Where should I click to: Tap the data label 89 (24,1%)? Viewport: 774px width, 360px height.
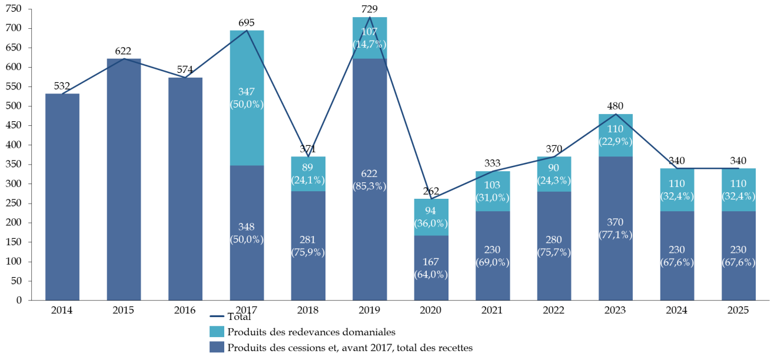[x=308, y=174]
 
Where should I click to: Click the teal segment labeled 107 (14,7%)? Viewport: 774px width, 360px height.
[x=370, y=38]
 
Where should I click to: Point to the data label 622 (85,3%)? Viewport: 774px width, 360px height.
[x=370, y=180]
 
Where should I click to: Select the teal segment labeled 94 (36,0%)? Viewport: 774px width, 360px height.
[x=431, y=217]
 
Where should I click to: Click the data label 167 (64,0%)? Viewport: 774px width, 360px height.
[x=431, y=268]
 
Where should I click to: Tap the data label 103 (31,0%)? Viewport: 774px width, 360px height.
[x=493, y=192]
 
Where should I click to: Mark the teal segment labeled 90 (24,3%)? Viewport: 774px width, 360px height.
[x=554, y=174]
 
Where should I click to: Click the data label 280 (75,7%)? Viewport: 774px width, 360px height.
[x=554, y=246]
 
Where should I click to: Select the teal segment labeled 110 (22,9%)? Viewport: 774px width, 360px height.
[x=616, y=135]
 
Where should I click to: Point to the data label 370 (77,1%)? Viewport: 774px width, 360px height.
[x=616, y=228]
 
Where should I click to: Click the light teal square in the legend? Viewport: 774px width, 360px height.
[x=217, y=332]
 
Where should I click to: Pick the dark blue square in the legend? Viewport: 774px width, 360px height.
[x=217, y=347]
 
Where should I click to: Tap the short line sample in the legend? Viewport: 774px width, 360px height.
[x=217, y=316]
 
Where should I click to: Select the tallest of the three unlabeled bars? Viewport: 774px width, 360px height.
[x=124, y=176]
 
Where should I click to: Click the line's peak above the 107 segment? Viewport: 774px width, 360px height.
[x=370, y=17]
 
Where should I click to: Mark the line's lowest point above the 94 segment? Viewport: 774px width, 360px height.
[x=431, y=198]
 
